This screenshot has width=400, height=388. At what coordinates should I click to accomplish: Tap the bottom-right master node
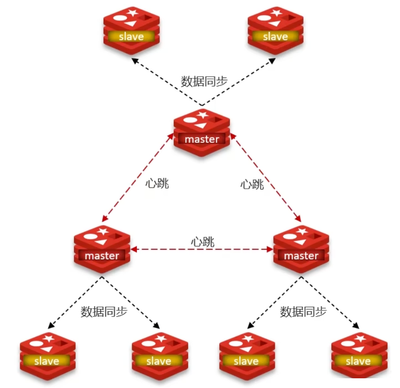(301, 249)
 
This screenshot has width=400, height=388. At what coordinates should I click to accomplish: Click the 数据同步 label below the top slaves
(204, 82)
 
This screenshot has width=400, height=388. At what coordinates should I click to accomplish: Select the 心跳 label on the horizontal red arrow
(203, 241)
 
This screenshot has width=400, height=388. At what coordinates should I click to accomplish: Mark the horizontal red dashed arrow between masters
(202, 250)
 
